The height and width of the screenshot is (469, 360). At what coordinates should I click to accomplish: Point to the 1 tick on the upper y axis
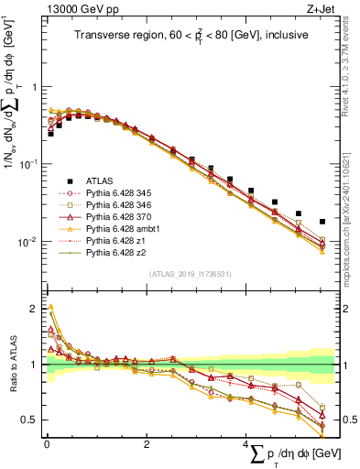(x=35, y=87)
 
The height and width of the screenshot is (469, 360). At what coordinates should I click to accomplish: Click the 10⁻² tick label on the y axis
(x=28, y=242)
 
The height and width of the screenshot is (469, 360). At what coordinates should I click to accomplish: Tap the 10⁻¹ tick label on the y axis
(x=28, y=164)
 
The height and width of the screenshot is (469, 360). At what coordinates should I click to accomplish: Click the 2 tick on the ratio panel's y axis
(x=35, y=307)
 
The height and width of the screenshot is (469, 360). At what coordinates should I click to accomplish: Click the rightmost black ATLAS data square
(x=321, y=222)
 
